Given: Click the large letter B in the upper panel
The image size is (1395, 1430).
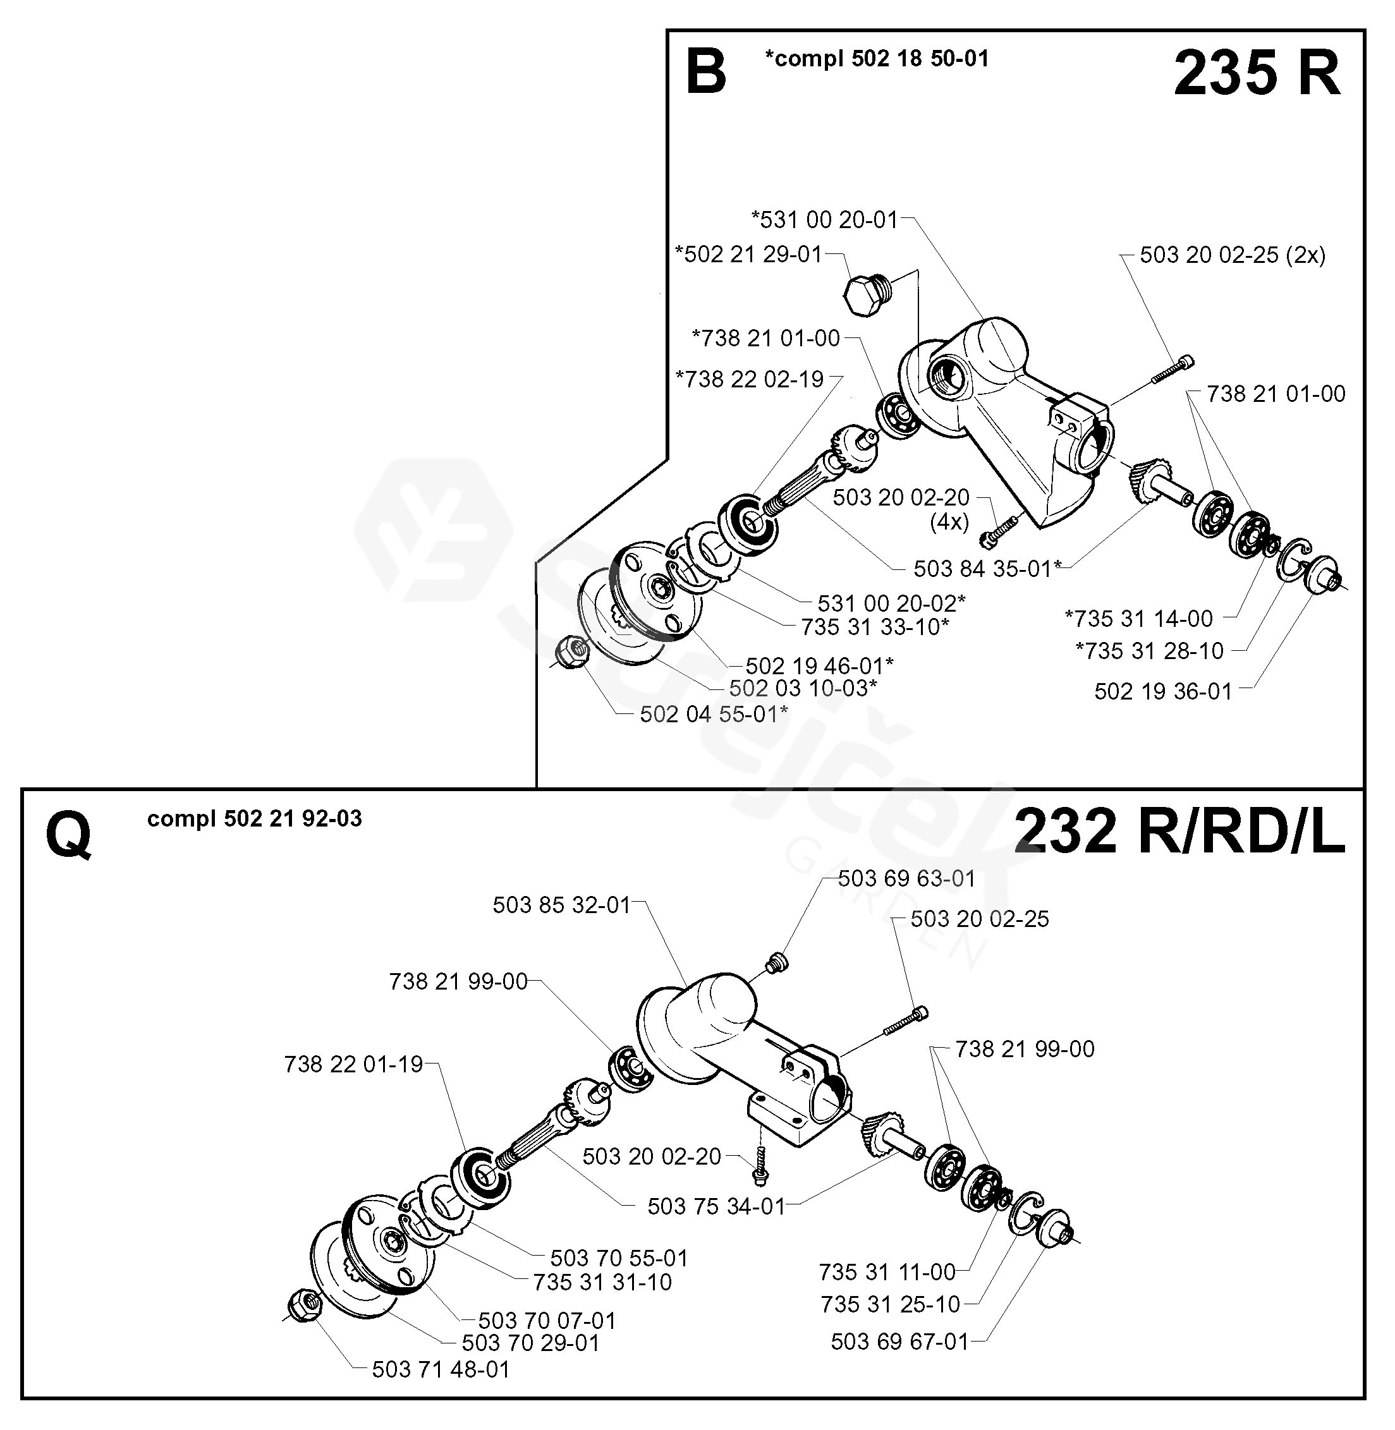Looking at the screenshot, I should (705, 73).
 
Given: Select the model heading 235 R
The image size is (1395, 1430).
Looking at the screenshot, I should (1257, 74).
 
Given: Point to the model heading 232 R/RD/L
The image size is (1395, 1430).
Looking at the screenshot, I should (1179, 833).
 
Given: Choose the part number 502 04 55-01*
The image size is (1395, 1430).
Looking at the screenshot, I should (714, 713).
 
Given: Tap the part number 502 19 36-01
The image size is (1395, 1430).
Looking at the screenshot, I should (1163, 691).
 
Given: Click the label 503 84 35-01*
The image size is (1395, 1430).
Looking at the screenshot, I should (987, 569).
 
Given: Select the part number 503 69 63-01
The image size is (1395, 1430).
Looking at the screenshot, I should (906, 878).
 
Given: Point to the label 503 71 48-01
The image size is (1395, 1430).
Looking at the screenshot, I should (441, 1369).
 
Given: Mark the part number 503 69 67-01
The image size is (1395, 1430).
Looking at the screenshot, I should (899, 1342).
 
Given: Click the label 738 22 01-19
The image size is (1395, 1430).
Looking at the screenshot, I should (353, 1063).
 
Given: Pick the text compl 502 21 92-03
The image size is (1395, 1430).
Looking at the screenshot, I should (254, 818).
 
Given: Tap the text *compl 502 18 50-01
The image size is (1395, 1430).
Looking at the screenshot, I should (876, 59).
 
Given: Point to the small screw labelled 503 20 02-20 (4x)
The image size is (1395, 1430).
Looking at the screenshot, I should (999, 533).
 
